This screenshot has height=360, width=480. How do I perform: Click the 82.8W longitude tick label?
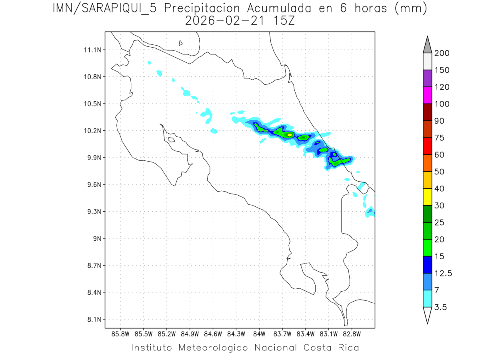352,333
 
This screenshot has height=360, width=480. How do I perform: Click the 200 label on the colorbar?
442,53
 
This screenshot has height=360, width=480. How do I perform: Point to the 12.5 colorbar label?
443,273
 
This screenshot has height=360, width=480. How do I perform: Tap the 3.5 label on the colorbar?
440,307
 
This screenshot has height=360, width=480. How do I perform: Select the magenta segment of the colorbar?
427,95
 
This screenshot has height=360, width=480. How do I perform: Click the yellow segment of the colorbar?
427,197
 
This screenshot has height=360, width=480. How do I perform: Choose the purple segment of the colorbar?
427,78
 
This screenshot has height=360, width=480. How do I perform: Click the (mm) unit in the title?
411,8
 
